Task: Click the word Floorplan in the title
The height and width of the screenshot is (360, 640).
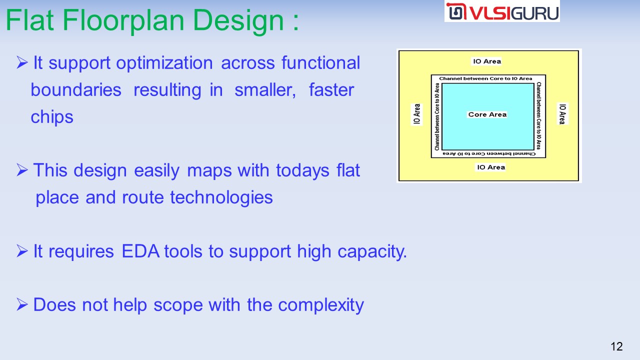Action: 123,21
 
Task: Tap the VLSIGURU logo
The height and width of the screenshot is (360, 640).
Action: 502,11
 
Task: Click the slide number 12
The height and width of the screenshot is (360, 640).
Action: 616,346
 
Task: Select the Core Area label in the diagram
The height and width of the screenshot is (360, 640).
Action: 487,114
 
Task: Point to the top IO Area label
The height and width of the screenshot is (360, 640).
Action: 487,61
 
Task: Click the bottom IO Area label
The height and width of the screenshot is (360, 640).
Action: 491,167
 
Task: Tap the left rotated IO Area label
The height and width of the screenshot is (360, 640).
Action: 417,114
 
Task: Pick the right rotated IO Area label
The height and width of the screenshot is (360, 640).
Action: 562,114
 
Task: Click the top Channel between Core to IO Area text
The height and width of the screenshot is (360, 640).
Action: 485,78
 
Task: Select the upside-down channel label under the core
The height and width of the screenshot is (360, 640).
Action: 489,153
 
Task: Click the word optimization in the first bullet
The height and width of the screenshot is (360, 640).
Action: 164,63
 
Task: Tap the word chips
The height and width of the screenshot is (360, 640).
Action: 52,117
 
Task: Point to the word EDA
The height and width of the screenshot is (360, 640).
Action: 140,251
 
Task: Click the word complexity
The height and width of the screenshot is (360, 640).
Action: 321,305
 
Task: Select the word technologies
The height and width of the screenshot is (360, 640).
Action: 221,197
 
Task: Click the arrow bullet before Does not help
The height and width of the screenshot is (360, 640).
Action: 22,304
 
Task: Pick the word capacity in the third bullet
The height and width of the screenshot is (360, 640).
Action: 372,252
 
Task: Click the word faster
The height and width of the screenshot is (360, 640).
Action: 331,90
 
